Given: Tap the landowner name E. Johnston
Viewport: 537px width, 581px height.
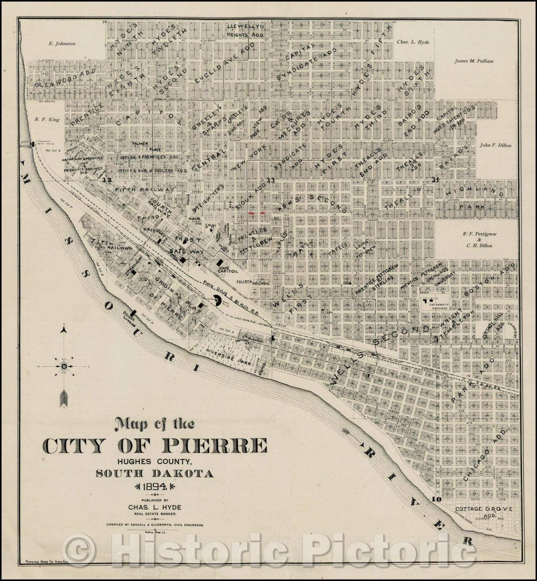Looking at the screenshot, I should point(62,44).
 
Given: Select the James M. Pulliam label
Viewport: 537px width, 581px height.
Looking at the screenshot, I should point(474,61).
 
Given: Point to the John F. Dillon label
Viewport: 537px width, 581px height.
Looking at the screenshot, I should point(495,145).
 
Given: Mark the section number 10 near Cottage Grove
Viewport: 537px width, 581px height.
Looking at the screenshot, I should point(437,499).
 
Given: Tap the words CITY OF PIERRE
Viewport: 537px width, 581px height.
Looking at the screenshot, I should point(155,445).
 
